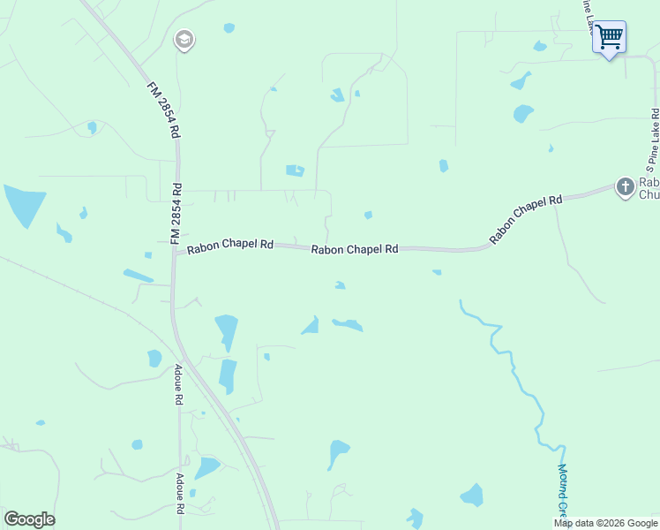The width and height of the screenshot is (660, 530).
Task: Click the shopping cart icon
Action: click(609, 37)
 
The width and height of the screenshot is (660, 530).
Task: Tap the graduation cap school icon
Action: click(184, 40)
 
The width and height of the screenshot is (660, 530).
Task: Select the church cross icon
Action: click(625, 186)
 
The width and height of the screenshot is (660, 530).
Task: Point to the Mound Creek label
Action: click(563, 490)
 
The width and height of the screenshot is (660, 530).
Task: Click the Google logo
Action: click(29, 519)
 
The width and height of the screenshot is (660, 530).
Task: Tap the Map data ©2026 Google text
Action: click(605, 523)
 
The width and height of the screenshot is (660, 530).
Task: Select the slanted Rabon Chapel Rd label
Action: click(526, 219)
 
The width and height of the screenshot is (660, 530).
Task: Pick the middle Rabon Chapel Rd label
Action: click(354, 250)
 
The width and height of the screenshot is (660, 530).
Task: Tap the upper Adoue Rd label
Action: click(178, 385)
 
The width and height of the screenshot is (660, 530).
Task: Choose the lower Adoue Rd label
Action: click(179, 494)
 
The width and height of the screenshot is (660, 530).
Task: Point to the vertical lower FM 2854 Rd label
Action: click(176, 214)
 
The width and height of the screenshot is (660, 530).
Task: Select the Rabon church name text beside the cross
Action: click(648, 188)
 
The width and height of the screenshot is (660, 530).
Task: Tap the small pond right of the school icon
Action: click(229, 28)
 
